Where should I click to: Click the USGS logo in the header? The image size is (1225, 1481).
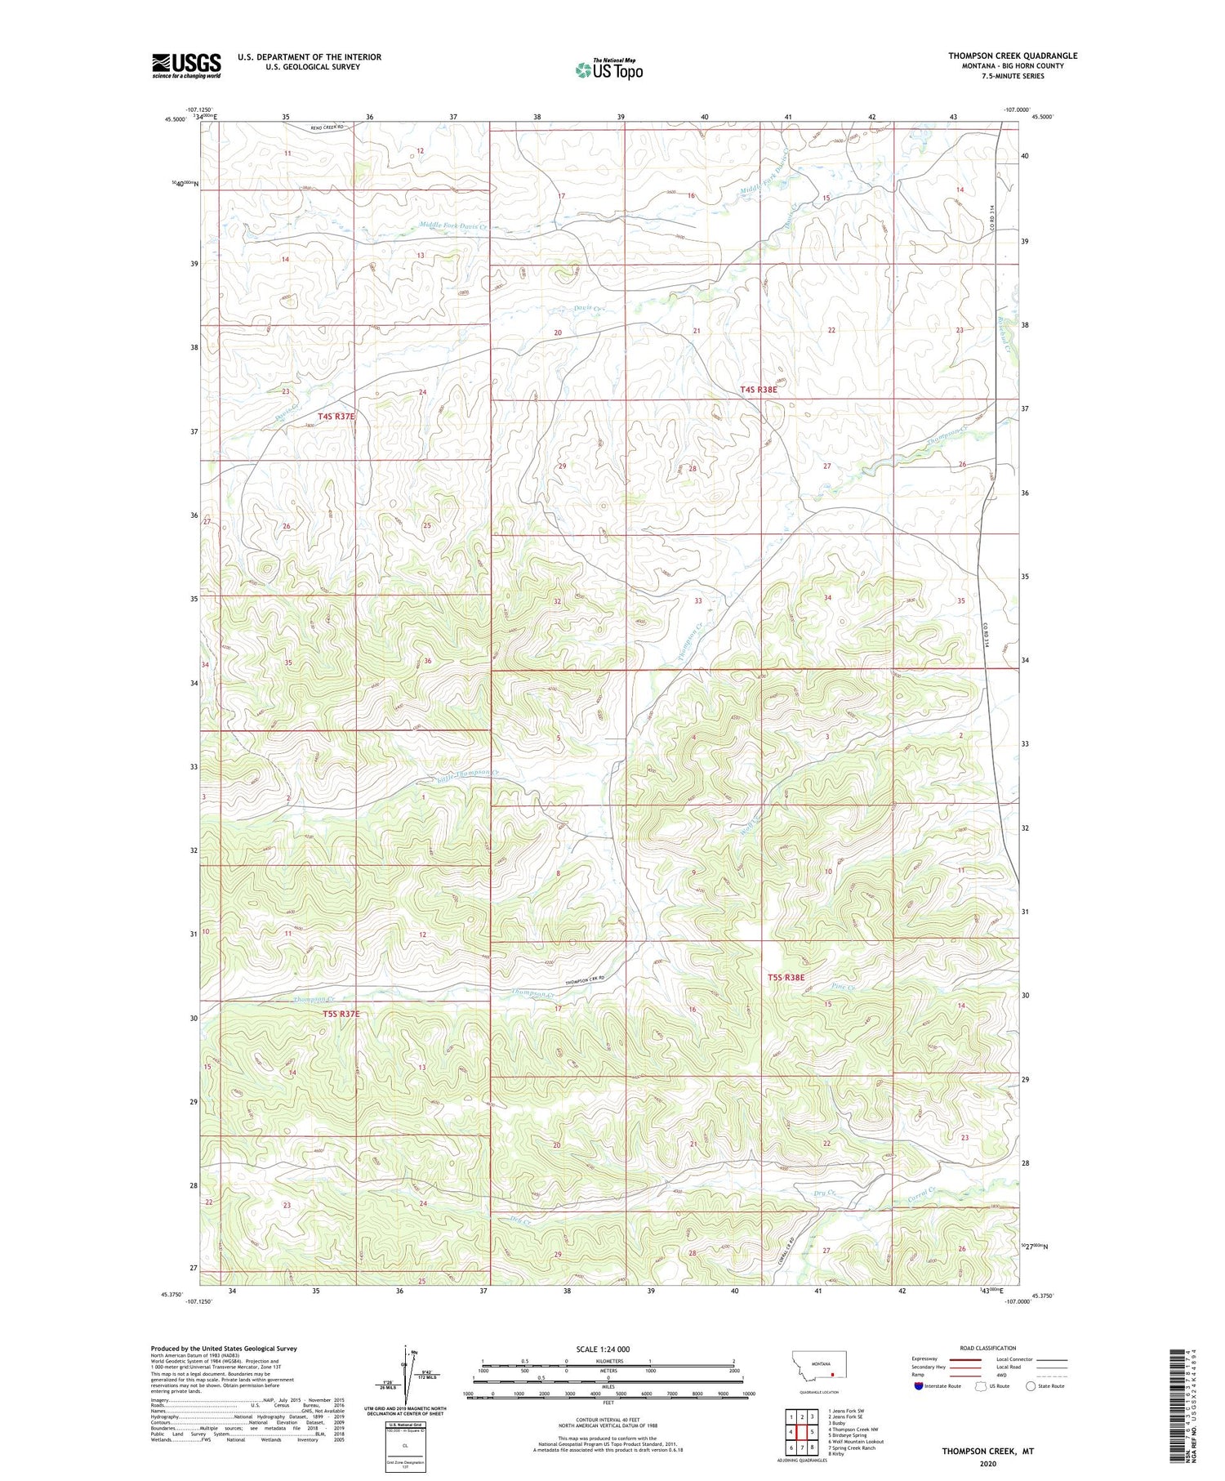186,65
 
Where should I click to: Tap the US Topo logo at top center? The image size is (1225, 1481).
608,69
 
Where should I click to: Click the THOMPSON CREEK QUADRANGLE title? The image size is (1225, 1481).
1013,56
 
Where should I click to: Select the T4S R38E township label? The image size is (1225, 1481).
759,390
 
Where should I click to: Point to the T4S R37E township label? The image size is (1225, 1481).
337,416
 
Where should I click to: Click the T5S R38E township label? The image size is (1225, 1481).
786,977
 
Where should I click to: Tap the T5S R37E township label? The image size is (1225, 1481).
341,1014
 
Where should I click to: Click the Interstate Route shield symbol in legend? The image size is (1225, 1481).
919,1385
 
